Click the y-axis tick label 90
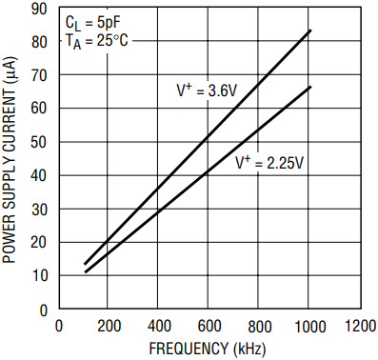point(39,10)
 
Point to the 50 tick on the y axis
point(39,142)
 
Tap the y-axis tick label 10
point(39,275)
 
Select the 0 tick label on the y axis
point(44,310)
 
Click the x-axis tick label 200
point(109,327)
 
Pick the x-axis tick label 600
point(209,327)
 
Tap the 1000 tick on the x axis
point(310,327)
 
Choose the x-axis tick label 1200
point(361,327)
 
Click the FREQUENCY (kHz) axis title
point(208,349)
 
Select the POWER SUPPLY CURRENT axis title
point(9,160)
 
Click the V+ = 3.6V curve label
point(207,90)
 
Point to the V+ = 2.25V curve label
point(269,163)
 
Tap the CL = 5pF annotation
point(93,24)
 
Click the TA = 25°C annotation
point(97,41)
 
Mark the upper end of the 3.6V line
point(310,30)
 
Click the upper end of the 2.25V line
point(310,87)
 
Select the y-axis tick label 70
point(39,75)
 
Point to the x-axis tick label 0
point(59,327)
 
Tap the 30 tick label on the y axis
point(39,210)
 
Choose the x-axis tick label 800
point(260,327)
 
